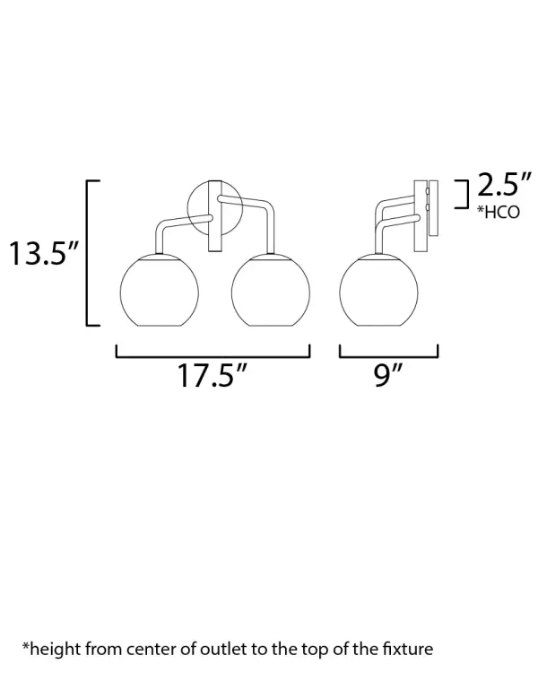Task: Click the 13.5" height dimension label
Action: click(44, 253)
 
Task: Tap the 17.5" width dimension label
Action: click(213, 376)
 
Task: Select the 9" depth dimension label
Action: click(388, 375)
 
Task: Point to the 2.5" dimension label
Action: click(504, 185)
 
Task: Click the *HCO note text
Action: click(499, 212)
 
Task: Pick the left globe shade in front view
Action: click(160, 291)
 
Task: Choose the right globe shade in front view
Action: click(270, 291)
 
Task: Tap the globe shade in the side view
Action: click(378, 291)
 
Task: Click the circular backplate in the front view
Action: click(189, 208)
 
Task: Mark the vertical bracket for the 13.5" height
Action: click(88, 253)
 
